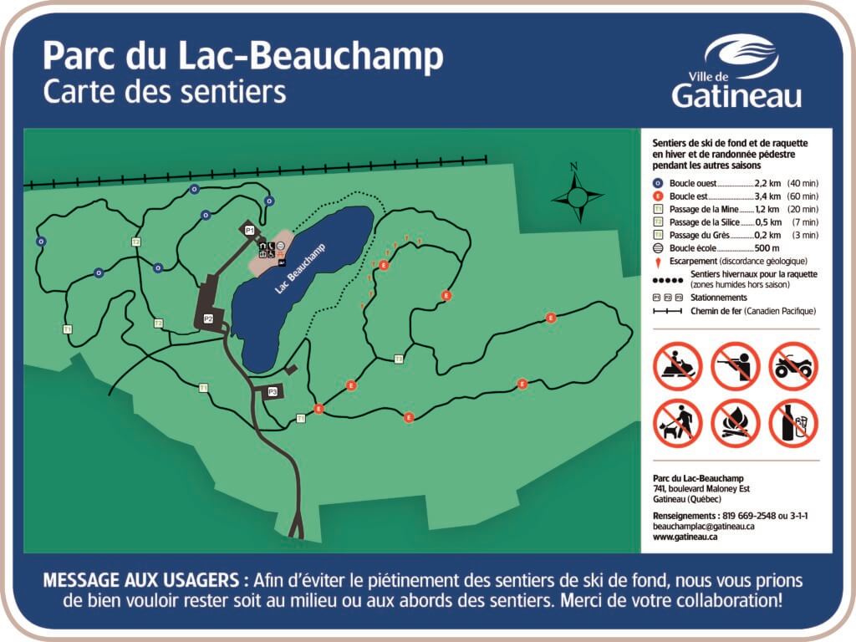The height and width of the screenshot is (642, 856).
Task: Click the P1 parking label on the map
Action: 249,230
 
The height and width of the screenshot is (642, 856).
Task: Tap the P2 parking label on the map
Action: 208,318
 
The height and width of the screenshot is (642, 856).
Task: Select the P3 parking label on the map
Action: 272,391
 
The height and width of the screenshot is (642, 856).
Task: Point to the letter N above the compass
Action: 574,166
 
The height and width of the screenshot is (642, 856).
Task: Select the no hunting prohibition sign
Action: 735,366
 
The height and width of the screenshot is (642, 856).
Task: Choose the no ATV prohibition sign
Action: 792,366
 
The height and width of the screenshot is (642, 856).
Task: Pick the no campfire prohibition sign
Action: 735,422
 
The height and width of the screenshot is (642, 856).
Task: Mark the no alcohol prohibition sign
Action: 792,422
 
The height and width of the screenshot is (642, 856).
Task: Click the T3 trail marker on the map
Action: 399,359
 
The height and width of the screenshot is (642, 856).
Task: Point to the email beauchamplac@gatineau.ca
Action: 704,527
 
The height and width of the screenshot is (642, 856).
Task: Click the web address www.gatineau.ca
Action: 685,538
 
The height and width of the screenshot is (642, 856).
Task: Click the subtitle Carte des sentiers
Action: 164,91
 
